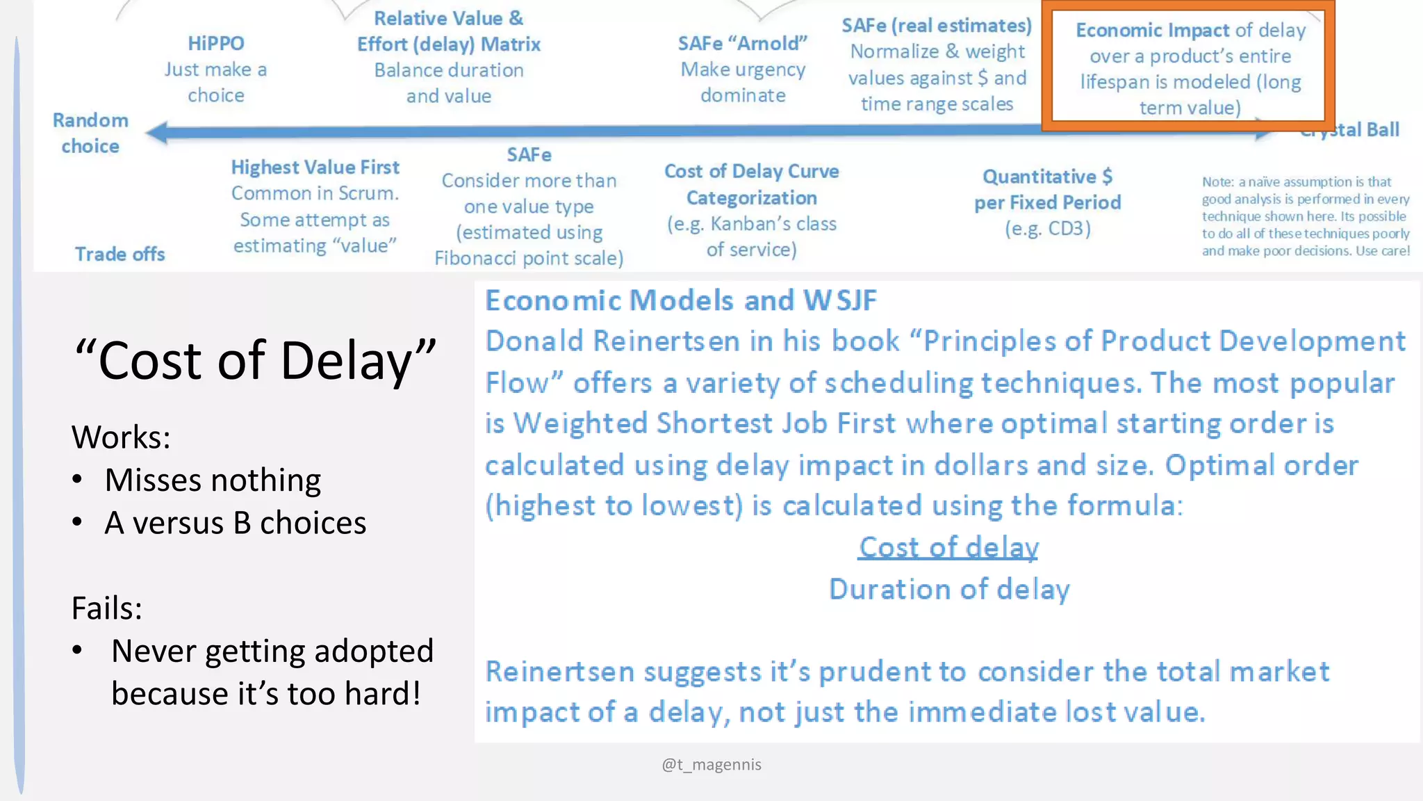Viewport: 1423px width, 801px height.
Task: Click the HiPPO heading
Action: [x=215, y=43]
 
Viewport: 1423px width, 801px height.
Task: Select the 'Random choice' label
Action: [x=90, y=133]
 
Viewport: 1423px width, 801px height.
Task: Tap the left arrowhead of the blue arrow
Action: [x=157, y=132]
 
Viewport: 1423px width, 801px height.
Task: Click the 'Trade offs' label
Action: [x=120, y=254]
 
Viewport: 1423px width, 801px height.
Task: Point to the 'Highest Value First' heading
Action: [x=315, y=167]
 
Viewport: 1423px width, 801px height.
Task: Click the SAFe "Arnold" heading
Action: [x=742, y=43]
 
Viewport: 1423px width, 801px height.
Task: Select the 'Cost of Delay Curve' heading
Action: [x=751, y=171]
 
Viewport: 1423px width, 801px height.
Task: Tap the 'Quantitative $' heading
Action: [x=1047, y=176]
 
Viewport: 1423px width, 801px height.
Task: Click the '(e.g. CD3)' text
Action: [x=1047, y=228]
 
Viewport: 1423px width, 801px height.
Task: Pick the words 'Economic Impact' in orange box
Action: [x=1153, y=30]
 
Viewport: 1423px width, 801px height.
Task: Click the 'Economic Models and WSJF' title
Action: [x=680, y=300]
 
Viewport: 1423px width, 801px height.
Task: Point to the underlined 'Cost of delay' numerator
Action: [x=948, y=547]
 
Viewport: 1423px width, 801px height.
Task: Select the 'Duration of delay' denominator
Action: [x=949, y=589]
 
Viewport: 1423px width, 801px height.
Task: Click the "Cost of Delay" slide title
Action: [x=255, y=360]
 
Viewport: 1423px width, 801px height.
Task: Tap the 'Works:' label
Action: [x=121, y=437]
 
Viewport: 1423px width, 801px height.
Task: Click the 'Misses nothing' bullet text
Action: [x=213, y=480]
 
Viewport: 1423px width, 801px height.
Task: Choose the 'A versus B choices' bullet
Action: [x=235, y=522]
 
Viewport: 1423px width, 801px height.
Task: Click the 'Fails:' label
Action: [x=106, y=608]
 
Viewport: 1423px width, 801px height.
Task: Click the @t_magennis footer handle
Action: [x=711, y=764]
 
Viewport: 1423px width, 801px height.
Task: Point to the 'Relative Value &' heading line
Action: [x=448, y=18]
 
